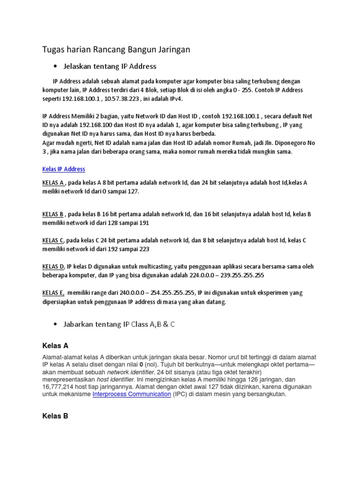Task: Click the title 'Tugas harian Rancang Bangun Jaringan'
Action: (116, 49)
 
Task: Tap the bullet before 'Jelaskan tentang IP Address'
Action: (56, 66)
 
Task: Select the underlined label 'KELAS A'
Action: (53, 183)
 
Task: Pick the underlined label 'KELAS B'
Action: (53, 214)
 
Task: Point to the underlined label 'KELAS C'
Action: (53, 240)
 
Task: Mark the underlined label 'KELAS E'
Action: (53, 293)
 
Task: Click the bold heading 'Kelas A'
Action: (55, 346)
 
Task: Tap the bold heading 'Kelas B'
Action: (55, 416)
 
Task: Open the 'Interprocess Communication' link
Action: (132, 394)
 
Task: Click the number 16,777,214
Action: (59, 387)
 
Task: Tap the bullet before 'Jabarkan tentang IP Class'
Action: (56, 324)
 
